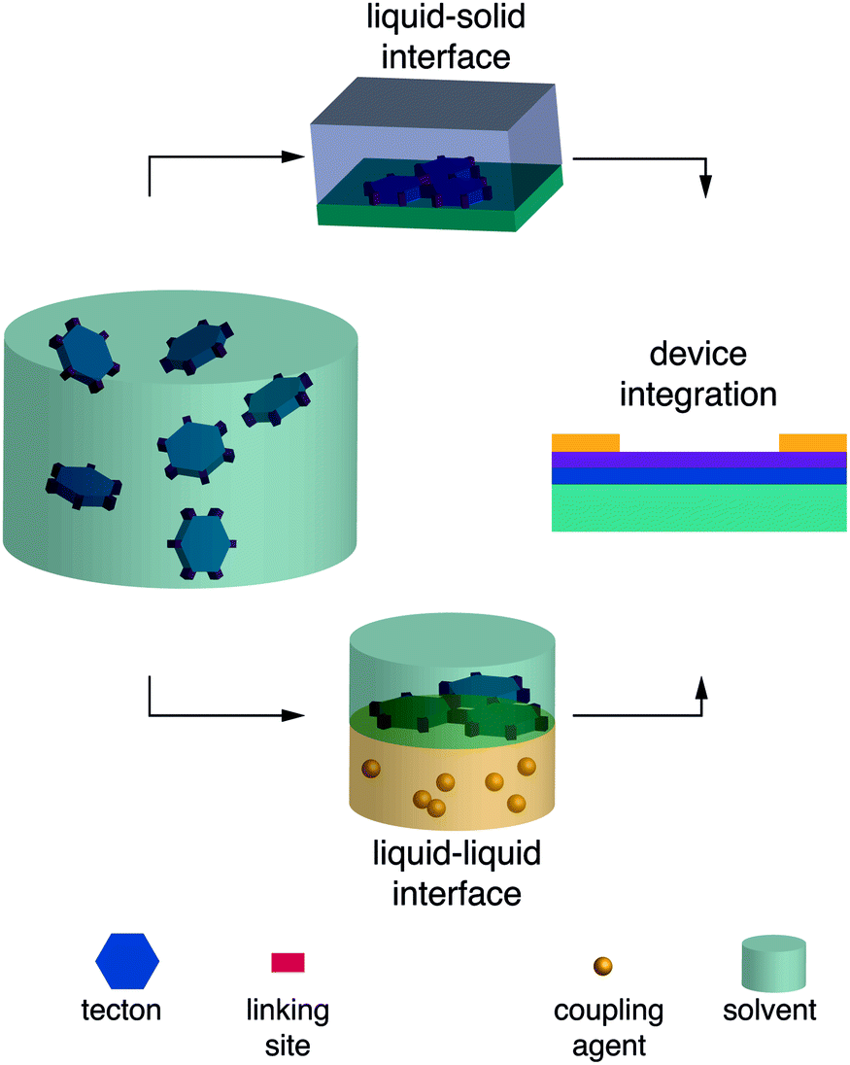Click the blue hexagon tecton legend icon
point(127,961)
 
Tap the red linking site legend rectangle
point(288,962)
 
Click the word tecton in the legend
point(120,1011)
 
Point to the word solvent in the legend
point(770,1011)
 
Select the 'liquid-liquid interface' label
point(456,873)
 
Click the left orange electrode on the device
point(585,443)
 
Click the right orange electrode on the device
point(812,443)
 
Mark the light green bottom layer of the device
point(698,507)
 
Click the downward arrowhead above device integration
point(707,187)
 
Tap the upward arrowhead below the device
point(701,688)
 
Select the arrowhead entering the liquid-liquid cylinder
point(295,716)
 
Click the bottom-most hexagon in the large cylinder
point(203,546)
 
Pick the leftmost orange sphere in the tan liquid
point(369,770)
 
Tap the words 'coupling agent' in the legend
point(608,1028)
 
